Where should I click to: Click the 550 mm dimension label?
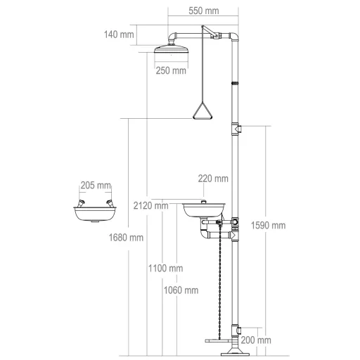[x=204, y=11]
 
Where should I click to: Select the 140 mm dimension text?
[x=119, y=34]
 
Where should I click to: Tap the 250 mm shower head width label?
[x=171, y=70]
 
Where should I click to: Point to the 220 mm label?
[x=213, y=179]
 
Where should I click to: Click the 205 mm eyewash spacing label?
[x=96, y=186]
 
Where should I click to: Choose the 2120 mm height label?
[x=151, y=206]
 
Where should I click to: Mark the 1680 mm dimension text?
[x=126, y=238]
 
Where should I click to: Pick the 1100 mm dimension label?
[x=166, y=269]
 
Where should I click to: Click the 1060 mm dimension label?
[x=181, y=290]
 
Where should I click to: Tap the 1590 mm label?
[x=269, y=226]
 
